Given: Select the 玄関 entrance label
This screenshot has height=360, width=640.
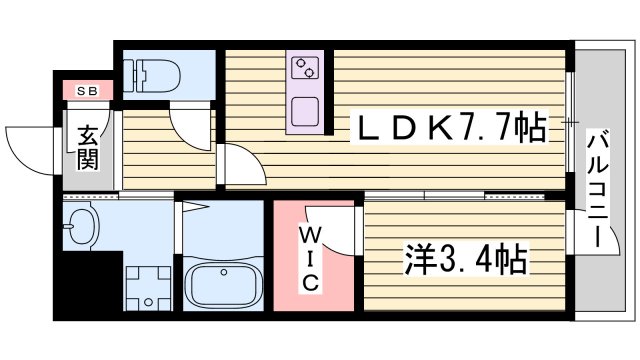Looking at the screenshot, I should pos(87,147).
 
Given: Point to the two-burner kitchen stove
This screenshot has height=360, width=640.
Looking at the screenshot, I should pos(304,69).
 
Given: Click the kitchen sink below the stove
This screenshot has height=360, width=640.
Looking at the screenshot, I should pos(304,108).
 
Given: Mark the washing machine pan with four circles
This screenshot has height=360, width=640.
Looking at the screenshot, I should pos(150,288).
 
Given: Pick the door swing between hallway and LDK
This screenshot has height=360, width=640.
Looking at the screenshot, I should pos(240,166).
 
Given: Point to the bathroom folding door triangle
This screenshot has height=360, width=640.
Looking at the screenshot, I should pos(194,210).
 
